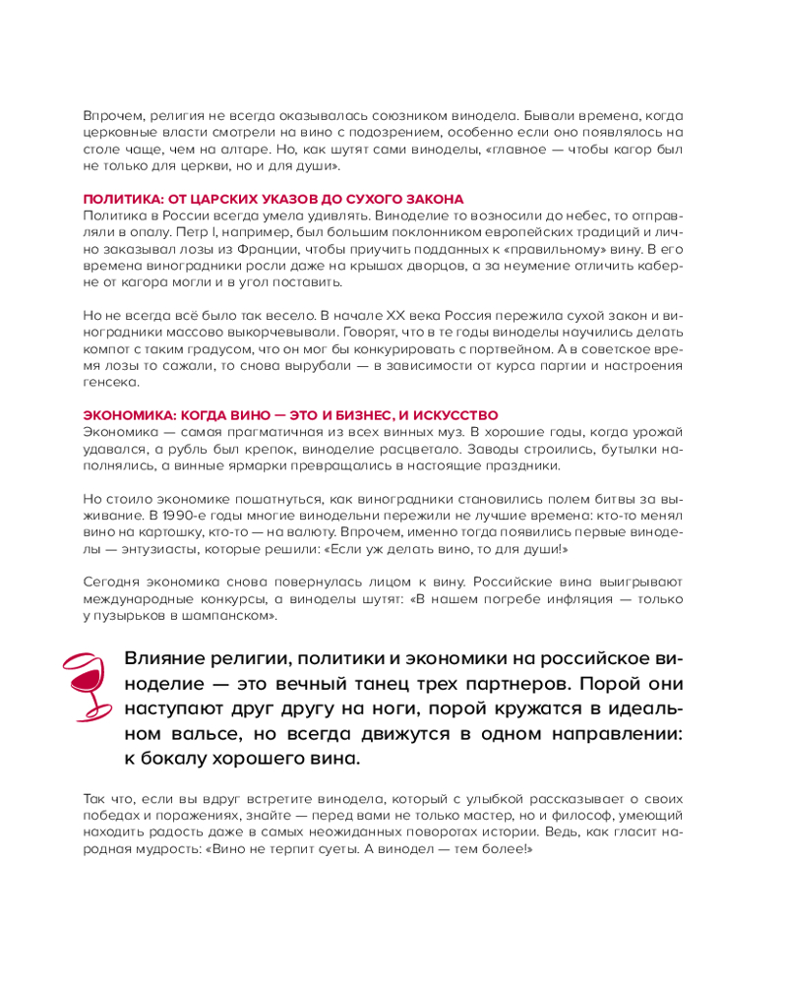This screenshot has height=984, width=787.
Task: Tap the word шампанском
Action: [x=233, y=616]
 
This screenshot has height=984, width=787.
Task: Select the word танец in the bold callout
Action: [x=372, y=683]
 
